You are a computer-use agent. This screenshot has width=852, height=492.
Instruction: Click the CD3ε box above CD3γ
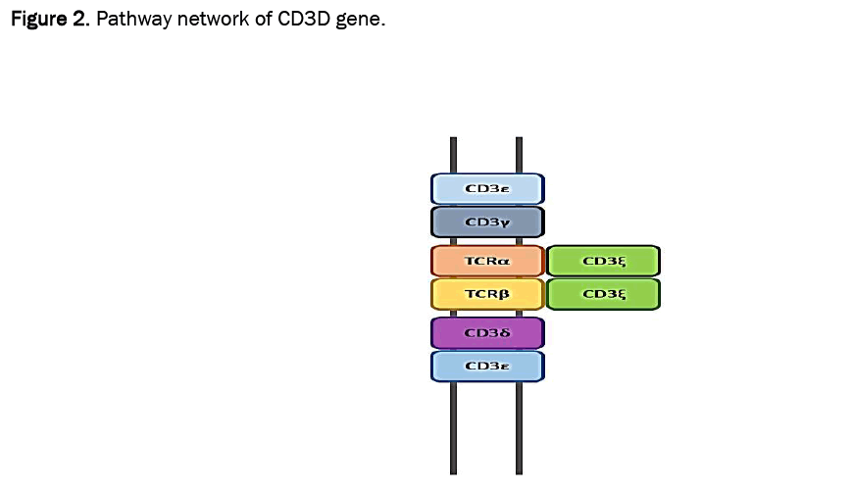click(x=487, y=188)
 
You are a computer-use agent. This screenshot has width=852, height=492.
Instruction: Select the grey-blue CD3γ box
click(x=487, y=221)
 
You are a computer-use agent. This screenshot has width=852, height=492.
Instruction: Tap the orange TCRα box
click(x=487, y=261)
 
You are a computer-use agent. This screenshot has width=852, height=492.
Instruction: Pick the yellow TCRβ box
click(x=487, y=293)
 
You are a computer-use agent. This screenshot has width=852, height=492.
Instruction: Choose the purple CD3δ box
click(x=487, y=332)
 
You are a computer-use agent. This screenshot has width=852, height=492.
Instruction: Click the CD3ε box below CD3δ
click(x=487, y=366)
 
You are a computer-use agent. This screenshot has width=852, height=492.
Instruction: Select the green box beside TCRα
click(x=603, y=261)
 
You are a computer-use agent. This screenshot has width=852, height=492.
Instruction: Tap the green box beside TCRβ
click(x=603, y=293)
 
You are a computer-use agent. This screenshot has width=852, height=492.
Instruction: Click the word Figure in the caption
click(x=38, y=20)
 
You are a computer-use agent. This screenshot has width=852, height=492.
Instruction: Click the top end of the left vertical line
click(x=454, y=139)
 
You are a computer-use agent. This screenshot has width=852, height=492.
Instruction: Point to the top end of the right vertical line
click(x=519, y=139)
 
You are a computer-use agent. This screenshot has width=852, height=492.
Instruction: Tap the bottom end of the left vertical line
click(x=454, y=471)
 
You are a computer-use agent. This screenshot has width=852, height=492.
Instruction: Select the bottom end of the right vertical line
click(x=519, y=471)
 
